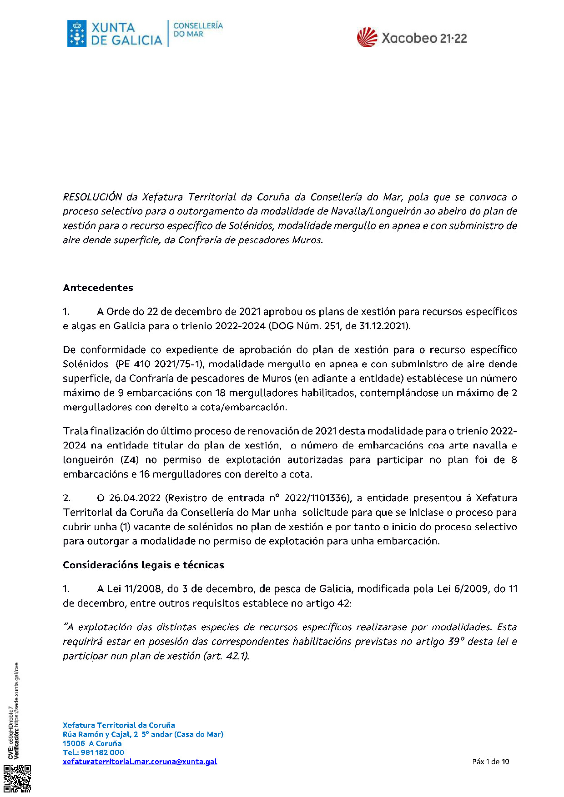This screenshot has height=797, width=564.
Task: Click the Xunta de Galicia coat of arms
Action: [77, 34]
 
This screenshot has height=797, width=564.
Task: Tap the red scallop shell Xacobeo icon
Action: [367, 38]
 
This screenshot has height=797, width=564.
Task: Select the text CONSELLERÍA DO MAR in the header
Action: [198, 30]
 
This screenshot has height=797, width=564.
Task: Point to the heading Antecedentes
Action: [98, 288]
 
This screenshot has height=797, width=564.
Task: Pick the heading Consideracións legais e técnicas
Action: [143, 565]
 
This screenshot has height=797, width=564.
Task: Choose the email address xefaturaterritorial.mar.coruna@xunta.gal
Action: [140, 762]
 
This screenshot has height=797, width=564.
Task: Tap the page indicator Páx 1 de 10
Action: [490, 762]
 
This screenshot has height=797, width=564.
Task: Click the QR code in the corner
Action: [18, 779]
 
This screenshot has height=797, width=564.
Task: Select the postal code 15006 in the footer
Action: [74, 743]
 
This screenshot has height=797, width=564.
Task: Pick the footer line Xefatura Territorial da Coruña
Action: [119, 725]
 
